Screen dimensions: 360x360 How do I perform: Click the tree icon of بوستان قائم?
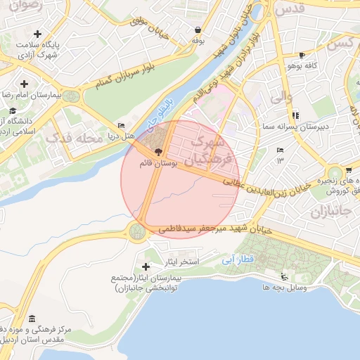[x=157, y=151]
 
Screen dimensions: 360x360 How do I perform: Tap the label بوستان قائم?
[x=157, y=162]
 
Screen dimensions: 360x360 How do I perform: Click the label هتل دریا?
[x=120, y=135]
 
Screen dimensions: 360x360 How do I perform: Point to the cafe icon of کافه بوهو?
[x=302, y=55]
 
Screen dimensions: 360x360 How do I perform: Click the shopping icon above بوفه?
[x=198, y=30]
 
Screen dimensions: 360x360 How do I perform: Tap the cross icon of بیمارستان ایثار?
[x=146, y=266]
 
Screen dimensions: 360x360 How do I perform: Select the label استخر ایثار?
[x=182, y=262]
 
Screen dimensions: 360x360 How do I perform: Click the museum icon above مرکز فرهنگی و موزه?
[x=32, y=319]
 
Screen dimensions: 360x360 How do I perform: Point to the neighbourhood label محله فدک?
[x=75, y=139]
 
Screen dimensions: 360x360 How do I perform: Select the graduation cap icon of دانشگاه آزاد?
[x=13, y=111]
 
